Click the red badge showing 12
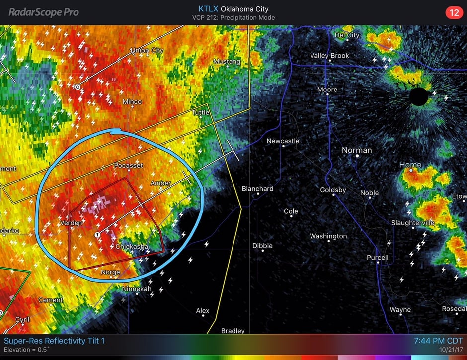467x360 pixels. (x=453, y=12)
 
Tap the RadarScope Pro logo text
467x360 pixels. (x=44, y=12)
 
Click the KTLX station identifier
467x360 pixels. (x=208, y=9)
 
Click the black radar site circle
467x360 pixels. (x=419, y=96)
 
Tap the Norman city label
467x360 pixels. (x=357, y=150)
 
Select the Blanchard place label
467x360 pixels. (x=257, y=189)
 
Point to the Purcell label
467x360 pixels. (x=377, y=257)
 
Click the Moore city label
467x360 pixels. (x=327, y=90)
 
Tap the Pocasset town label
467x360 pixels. (x=128, y=165)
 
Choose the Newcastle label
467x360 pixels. (x=283, y=141)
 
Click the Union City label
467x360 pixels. (x=147, y=50)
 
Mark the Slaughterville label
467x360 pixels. (x=413, y=223)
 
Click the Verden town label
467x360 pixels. (x=71, y=223)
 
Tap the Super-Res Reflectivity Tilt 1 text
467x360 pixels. (x=55, y=341)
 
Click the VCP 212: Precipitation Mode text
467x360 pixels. (x=233, y=18)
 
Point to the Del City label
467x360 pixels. (x=347, y=35)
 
